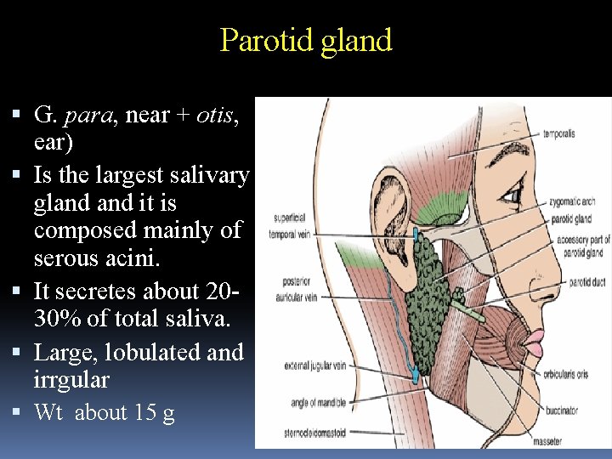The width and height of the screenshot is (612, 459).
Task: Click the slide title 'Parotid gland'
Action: pos(306,40)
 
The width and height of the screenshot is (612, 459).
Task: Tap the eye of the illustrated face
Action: pos(513,195)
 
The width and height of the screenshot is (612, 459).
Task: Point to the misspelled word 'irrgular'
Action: pos(71,379)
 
